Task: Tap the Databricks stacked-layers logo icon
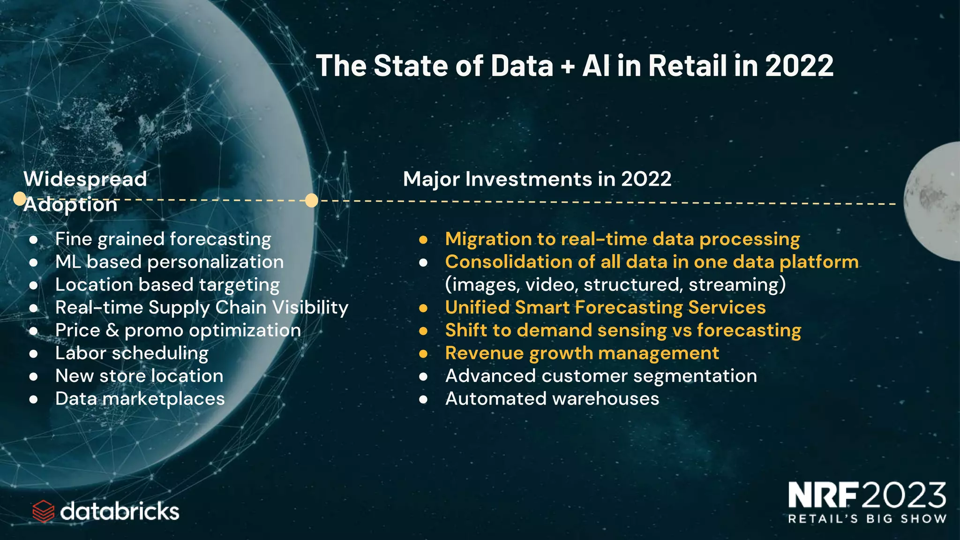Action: coord(44,511)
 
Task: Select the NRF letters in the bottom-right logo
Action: coord(824,495)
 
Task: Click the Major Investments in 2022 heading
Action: coord(537,179)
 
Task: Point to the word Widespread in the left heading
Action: coord(85,179)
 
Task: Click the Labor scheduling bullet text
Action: coord(132,353)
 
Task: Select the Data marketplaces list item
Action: coord(140,399)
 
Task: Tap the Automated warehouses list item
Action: coord(552,399)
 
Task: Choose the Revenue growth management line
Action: coord(582,353)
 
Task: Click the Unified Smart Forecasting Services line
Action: coord(605,307)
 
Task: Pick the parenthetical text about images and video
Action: coord(615,285)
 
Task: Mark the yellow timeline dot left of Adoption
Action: coord(19,199)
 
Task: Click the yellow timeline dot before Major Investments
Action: coord(312,201)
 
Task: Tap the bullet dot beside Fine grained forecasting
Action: coord(33,240)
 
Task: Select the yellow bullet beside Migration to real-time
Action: coord(423,240)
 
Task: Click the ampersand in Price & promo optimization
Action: coord(112,330)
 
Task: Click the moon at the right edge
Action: coord(933,202)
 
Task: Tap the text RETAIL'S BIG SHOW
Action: coord(867,519)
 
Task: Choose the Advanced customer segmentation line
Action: coord(600,376)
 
